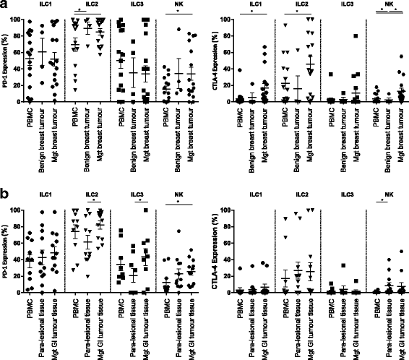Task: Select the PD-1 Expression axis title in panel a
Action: (6, 60)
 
